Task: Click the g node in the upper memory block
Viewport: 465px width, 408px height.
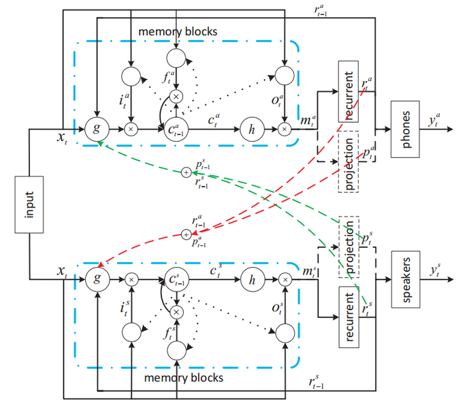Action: click(x=99, y=127)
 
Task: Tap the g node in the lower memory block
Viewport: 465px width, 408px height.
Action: click(x=99, y=279)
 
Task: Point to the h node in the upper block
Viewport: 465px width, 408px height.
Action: click(x=251, y=127)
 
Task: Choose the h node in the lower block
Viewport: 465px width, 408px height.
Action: click(x=251, y=279)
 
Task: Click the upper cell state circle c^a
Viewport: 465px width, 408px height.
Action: click(x=177, y=127)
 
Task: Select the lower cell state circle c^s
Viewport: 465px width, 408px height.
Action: click(x=177, y=279)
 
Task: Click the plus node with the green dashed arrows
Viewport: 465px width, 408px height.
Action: click(x=185, y=173)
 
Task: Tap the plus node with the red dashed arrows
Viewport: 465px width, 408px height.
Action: click(x=185, y=234)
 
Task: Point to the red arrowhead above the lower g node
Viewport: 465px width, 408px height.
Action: click(x=101, y=264)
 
